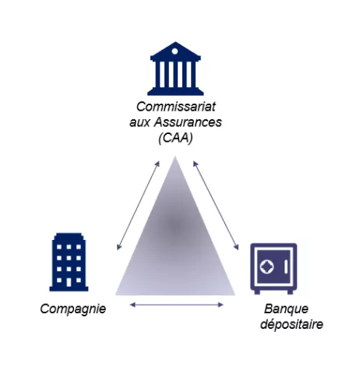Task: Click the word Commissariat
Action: point(176,107)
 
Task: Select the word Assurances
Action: point(188,122)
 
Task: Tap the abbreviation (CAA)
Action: point(175,138)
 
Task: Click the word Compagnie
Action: point(73,309)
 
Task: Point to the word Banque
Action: point(286,309)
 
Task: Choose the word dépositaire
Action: point(291,324)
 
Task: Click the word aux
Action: point(139,122)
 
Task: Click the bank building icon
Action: point(175,69)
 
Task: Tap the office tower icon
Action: point(69,262)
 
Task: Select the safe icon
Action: point(274,269)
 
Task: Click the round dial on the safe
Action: point(266,266)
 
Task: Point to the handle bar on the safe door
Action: point(286,266)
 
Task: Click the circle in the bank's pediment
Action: point(175,51)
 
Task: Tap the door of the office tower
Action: point(69,282)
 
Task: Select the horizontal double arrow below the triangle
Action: point(177,305)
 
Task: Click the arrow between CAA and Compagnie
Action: point(138,206)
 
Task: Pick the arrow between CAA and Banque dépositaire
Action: point(216,206)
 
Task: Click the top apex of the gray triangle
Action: point(175,157)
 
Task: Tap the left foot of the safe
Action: point(257,292)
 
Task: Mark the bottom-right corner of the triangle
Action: point(235,295)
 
